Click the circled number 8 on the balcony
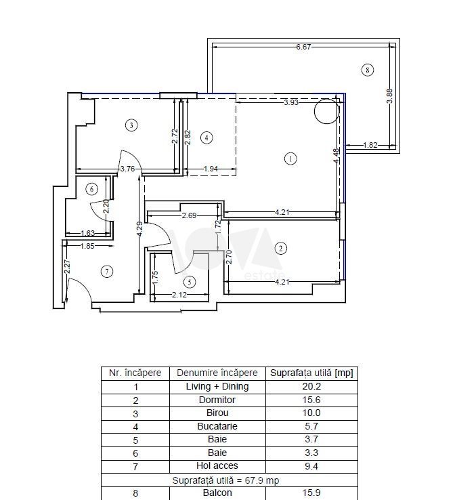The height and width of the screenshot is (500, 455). coord(368,70)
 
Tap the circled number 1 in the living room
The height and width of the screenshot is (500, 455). coord(290,159)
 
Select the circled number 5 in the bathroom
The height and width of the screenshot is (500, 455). coord(190,282)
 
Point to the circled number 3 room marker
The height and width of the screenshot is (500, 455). coord(131,125)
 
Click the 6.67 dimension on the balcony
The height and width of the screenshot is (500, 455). coord(303,47)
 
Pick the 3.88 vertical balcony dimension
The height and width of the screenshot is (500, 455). coord(389,96)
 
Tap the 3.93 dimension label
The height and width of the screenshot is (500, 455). coord(291,102)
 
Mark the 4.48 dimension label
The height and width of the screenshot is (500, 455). coord(337,156)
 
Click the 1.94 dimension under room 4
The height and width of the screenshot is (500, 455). coord(211,169)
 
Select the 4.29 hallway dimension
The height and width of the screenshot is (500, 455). coord(139,230)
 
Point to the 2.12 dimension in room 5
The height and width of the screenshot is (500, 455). coord(179,295)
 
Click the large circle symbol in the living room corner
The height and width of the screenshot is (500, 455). coord(326,111)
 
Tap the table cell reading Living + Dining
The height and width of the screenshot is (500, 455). coord(217,386)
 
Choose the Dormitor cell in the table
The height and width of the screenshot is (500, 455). coord(217,400)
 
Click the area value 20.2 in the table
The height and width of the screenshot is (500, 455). coord(311,386)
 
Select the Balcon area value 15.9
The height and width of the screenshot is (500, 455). coord(311,493)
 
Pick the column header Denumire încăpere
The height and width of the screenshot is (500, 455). coord(217,373)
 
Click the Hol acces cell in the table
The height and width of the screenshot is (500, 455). coord(217,466)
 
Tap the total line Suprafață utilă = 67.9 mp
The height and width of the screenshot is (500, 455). coord(225,480)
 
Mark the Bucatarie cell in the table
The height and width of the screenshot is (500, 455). coord(217,426)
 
